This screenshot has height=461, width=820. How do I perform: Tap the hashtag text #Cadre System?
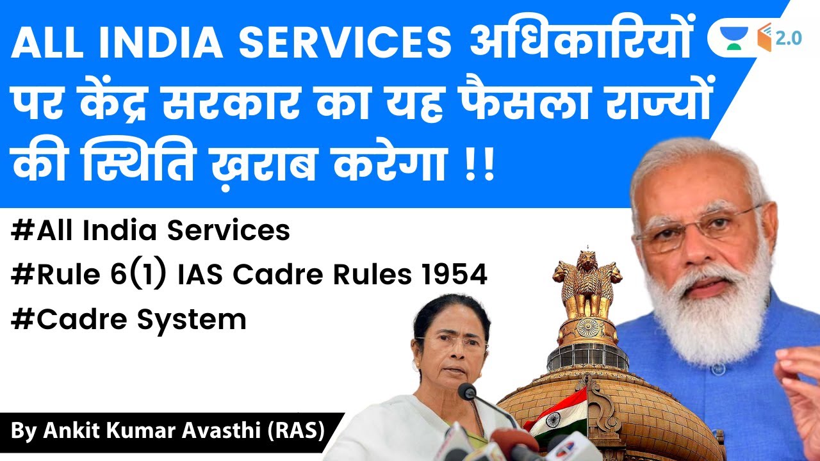[x=129, y=318]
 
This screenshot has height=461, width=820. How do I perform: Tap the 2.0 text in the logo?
[x=788, y=38]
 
